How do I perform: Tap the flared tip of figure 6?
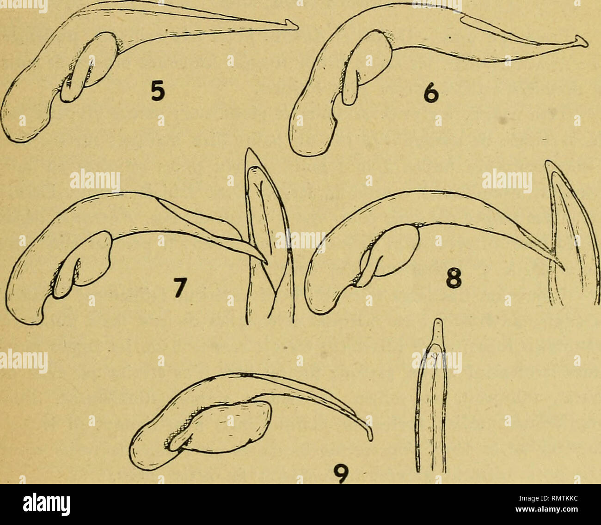[x=582, y=42]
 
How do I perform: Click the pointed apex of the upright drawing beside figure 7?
[x=249, y=149]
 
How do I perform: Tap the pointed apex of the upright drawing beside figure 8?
[x=547, y=161]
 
